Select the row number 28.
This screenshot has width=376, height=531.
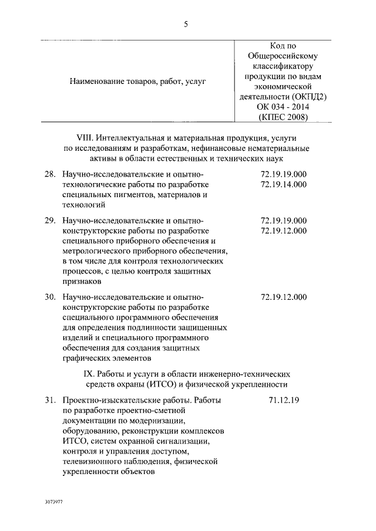coord(50,174)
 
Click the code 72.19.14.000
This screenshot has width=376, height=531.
coord(283,184)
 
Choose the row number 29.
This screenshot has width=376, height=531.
coord(50,221)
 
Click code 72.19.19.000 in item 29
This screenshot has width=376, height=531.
coord(283,221)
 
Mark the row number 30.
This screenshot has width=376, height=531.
coord(50,297)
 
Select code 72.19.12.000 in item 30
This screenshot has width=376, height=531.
coord(283,297)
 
